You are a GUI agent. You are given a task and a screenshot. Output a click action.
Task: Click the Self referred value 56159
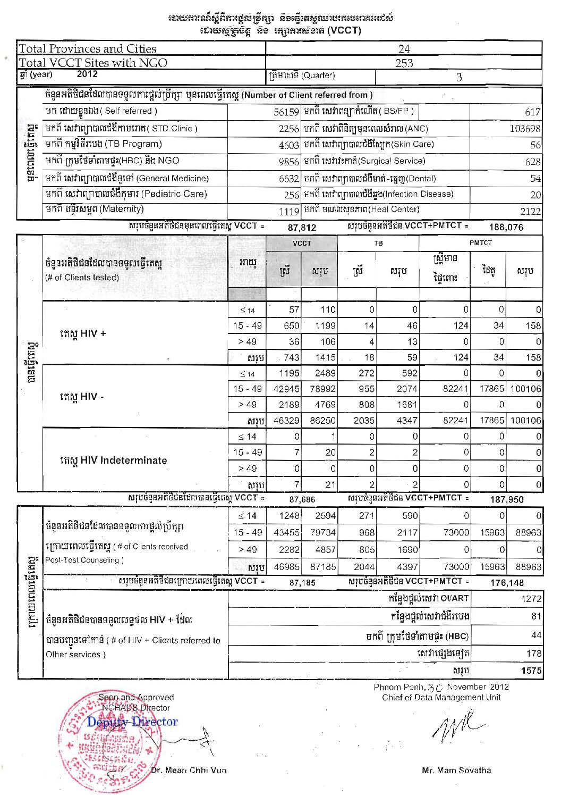coord(286,112)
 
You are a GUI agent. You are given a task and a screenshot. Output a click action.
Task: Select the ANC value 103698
coord(525,129)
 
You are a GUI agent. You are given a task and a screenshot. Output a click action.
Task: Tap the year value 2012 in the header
coord(87,74)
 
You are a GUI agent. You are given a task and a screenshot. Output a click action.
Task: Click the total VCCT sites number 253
coord(404,63)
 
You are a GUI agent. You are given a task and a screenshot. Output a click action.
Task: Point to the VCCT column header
coord(302,243)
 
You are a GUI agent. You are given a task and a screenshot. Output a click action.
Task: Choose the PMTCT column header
coord(480,242)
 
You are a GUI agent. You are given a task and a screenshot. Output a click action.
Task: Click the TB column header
coord(378,243)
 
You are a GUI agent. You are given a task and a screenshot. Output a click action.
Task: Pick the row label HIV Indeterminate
coord(113,461)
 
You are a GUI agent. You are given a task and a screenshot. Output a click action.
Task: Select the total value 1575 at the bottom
coord(531,671)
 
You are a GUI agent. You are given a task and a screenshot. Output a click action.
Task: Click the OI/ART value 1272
coord(531,599)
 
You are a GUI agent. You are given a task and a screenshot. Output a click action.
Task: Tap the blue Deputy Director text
coord(132,722)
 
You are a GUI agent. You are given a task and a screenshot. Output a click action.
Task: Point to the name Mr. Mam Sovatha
coord(456,770)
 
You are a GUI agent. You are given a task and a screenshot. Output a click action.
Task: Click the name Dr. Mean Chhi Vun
coord(189,770)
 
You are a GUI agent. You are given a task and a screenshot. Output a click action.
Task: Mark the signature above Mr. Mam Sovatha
coord(457,729)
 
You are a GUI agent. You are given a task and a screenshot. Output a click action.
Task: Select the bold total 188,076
coord(506,227)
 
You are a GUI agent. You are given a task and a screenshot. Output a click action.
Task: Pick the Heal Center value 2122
coord(530,211)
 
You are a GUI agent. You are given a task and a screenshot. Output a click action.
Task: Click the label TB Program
coord(104,144)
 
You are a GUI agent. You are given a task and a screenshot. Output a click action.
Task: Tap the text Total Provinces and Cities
coord(88,49)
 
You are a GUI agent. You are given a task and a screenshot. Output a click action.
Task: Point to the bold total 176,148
coord(507,583)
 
